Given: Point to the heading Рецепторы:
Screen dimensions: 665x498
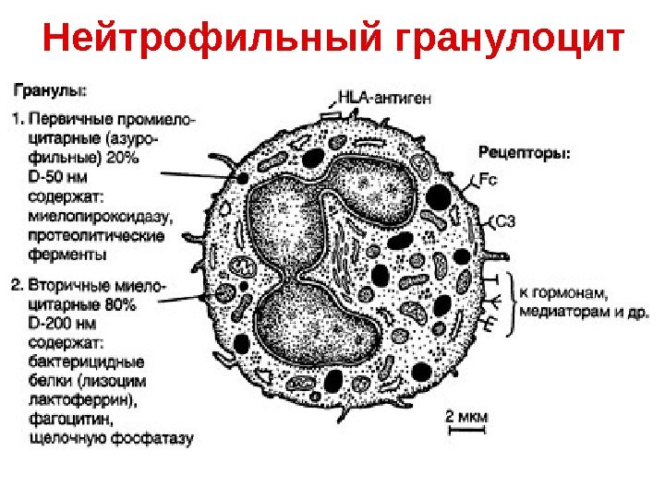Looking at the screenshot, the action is (x=524, y=152).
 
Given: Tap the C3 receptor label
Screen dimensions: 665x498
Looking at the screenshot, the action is (x=507, y=221).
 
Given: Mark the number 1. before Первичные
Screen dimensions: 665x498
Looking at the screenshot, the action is (x=19, y=119).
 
